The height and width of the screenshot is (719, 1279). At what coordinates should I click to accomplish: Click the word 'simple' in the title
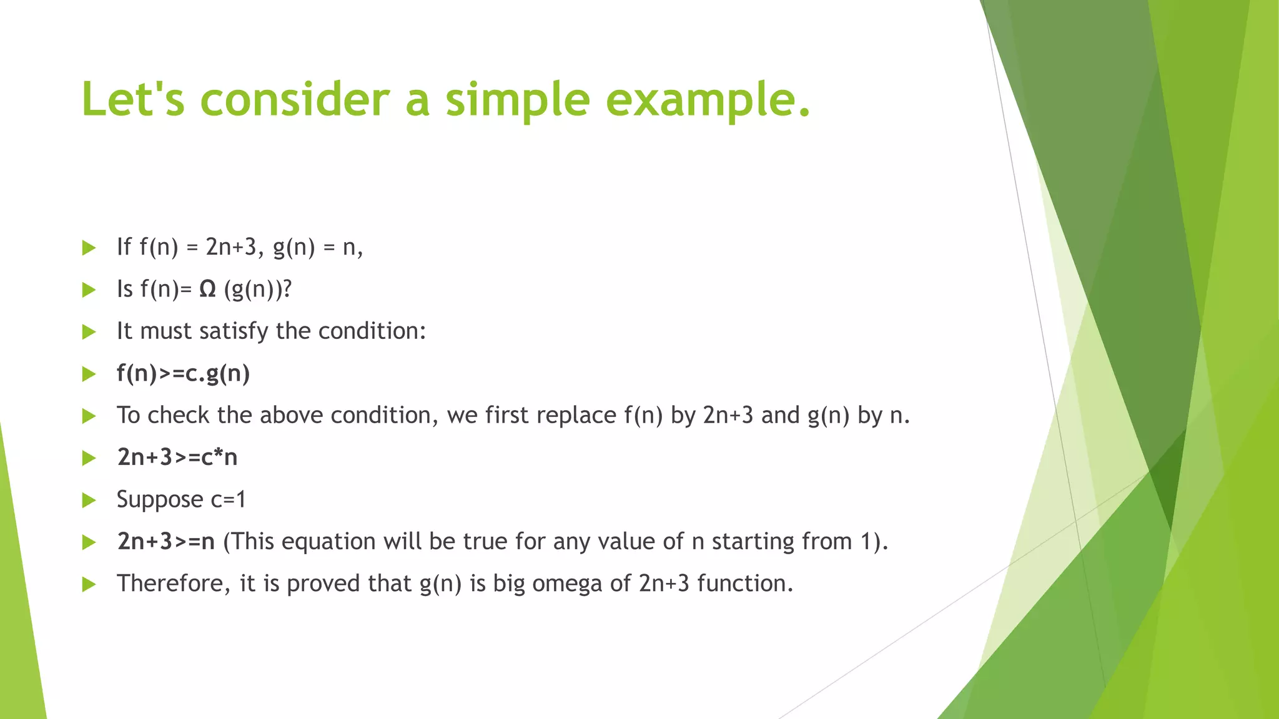(517, 100)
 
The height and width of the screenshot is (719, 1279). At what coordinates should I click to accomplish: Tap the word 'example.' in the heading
(708, 100)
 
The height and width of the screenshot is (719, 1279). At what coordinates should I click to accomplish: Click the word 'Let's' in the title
(133, 100)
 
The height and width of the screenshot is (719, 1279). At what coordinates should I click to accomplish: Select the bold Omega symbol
(207, 289)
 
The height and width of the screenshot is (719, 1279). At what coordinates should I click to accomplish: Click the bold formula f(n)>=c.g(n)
(183, 373)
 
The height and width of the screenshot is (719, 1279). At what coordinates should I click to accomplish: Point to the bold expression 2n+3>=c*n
(177, 457)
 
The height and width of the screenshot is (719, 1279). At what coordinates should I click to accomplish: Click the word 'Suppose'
(160, 500)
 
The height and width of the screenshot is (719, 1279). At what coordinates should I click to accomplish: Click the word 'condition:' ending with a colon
(372, 331)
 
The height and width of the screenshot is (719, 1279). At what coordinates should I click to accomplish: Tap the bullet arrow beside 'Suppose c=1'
(89, 500)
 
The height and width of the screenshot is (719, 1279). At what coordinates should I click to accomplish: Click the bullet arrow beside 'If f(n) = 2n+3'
(89, 248)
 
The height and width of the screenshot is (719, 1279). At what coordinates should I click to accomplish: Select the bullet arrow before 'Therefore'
(89, 584)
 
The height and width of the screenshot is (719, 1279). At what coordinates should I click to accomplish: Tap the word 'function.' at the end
(745, 584)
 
